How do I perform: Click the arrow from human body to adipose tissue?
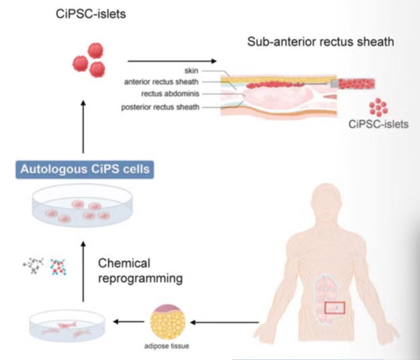[x=225, y=323]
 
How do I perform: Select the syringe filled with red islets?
[x=355, y=84]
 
